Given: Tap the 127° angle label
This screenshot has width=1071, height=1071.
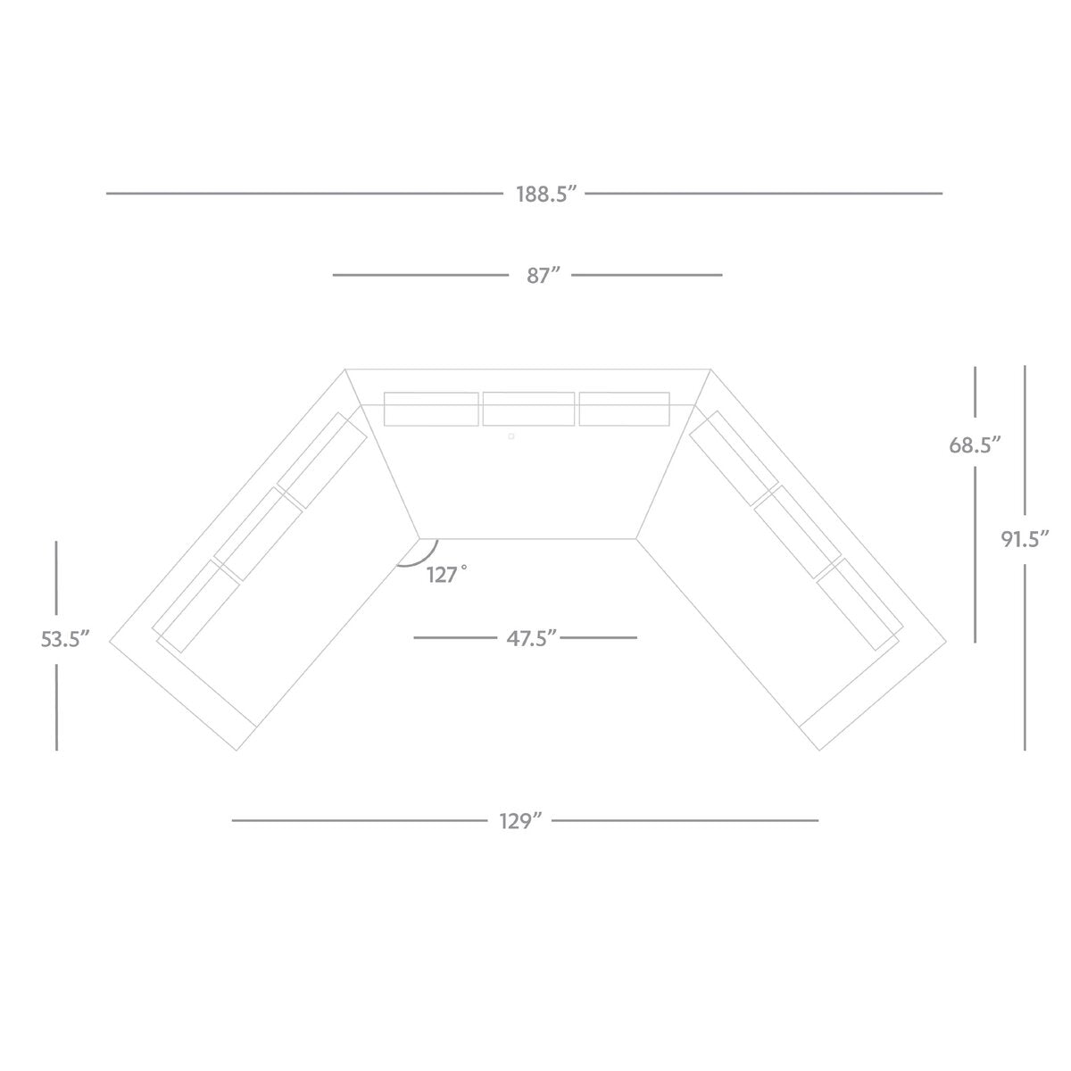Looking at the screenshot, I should (446, 575).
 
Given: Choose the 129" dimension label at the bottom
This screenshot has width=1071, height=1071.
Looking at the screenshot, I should (522, 820).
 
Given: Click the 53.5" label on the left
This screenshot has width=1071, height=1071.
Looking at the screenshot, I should (65, 639).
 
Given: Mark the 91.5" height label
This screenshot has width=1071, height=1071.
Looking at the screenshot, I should (1024, 538).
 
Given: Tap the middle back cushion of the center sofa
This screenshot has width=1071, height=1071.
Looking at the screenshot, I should (528, 409).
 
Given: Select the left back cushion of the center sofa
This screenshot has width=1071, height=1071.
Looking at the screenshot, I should (431, 409).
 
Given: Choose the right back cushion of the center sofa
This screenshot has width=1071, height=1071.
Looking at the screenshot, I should (624, 409).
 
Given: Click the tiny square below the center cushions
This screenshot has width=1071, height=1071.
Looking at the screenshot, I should (511, 436).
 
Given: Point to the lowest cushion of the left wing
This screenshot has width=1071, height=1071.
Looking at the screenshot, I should (196, 605).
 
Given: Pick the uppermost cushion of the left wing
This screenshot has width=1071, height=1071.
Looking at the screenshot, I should (323, 461).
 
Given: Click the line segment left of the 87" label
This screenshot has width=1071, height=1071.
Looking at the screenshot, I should (419, 276).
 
